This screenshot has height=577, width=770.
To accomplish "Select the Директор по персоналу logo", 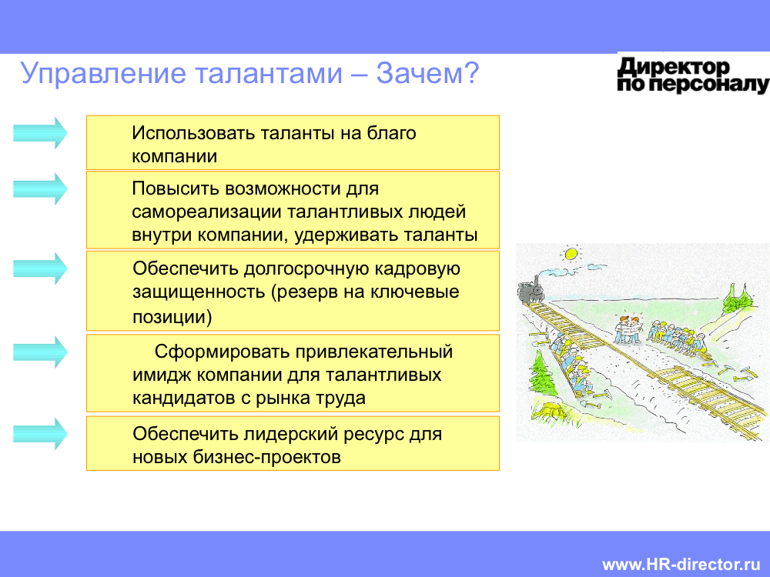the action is (693, 75).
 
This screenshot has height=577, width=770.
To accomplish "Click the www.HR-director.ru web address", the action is (681, 564).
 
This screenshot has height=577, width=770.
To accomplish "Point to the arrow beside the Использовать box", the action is (40, 133).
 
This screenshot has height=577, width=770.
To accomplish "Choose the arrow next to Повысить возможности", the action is (40, 189).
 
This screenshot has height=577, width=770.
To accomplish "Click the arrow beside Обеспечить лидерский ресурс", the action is (40, 434).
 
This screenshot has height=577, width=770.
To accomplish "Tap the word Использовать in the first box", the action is (193, 133).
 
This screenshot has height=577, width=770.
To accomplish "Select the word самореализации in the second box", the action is (206, 212).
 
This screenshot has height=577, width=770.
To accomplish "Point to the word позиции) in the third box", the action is (172, 316).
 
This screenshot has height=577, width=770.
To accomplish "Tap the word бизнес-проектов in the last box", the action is (266, 457).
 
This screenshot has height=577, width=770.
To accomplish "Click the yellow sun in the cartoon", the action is (571, 254).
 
